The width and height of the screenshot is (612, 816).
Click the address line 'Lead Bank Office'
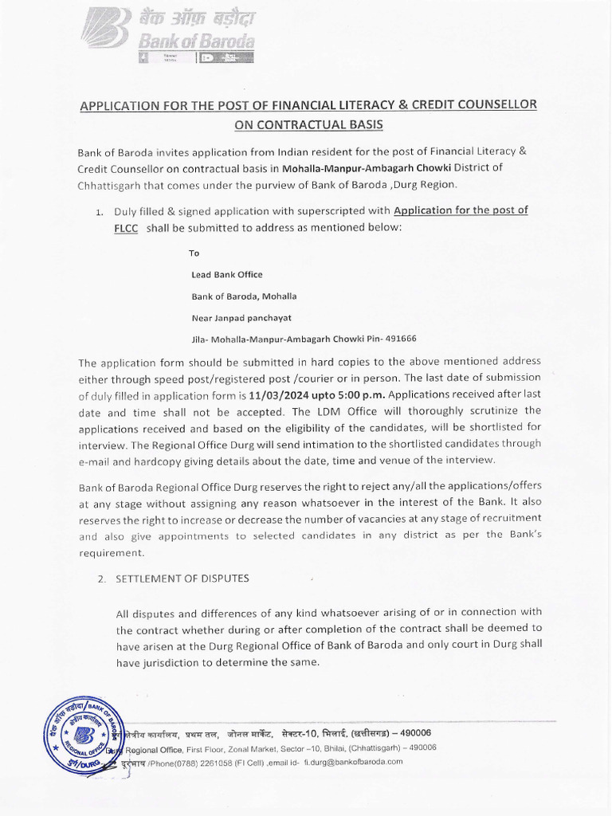(227, 274)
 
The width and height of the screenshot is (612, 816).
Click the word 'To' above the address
(194, 253)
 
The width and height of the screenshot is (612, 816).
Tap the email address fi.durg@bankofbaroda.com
(353, 761)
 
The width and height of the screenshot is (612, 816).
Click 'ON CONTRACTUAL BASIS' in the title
(308, 124)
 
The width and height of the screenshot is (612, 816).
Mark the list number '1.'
(99, 212)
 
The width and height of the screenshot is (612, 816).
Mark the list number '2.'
(101, 579)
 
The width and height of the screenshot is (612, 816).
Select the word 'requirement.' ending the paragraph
(112, 552)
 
